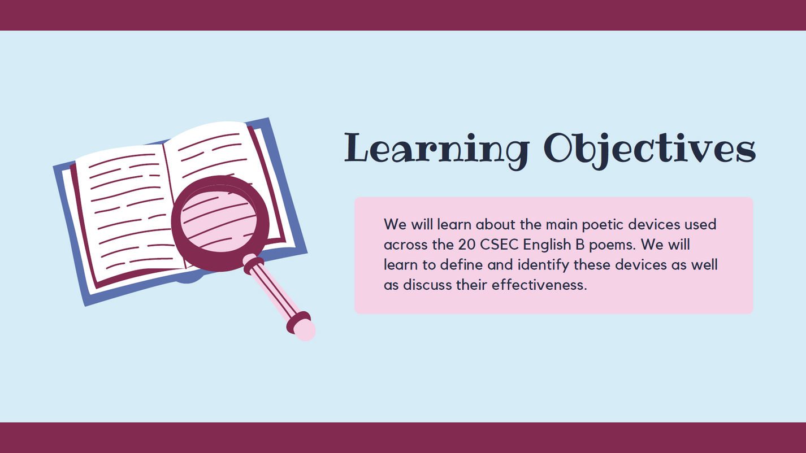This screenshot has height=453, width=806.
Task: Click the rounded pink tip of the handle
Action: [305, 330]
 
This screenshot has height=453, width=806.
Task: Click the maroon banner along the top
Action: [403, 15]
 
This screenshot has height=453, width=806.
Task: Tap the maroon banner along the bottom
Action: [403, 438]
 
